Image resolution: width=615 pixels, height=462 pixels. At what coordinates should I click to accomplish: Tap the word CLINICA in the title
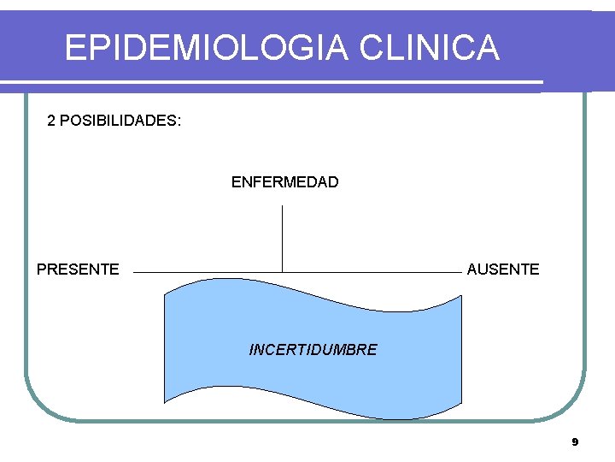[429, 48]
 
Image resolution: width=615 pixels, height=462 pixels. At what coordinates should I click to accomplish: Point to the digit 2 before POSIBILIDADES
[51, 121]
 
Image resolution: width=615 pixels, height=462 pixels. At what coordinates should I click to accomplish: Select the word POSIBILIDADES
[117, 121]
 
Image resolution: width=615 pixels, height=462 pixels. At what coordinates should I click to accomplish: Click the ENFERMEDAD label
[284, 182]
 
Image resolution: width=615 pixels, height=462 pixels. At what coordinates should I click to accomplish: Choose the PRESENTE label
[78, 269]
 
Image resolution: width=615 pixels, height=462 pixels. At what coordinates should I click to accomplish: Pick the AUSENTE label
[503, 269]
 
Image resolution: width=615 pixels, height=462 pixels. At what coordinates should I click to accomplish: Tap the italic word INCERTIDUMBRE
[313, 350]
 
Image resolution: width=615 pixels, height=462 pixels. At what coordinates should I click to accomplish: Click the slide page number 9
[575, 442]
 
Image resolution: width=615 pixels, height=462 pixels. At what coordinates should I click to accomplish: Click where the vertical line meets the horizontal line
[282, 272]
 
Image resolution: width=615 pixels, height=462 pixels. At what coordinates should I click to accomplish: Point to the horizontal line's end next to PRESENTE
[135, 272]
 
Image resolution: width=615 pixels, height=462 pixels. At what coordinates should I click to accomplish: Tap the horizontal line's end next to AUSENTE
[460, 272]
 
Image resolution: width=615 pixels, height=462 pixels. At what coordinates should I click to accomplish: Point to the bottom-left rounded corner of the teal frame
[38, 406]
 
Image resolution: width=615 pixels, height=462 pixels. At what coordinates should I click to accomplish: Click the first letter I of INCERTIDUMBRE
[252, 350]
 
